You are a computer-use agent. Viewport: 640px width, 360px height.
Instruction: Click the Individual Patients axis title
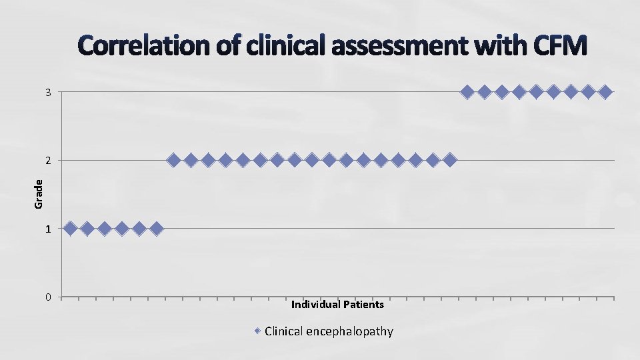[337, 305]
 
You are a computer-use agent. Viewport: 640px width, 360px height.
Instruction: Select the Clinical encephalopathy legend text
[329, 331]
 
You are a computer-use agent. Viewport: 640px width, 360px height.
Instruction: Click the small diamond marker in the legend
[258, 331]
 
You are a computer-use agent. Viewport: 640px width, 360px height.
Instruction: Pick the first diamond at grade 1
[70, 229]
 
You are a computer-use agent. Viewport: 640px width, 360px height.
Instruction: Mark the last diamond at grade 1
[156, 229]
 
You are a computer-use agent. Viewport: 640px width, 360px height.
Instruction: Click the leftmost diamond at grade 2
[173, 160]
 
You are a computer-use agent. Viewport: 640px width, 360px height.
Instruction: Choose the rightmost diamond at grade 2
[450, 160]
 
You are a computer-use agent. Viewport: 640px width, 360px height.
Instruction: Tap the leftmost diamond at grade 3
[467, 91]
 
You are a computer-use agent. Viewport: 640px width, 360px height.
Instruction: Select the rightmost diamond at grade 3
[605, 91]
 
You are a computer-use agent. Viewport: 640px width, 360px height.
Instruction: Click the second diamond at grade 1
[87, 229]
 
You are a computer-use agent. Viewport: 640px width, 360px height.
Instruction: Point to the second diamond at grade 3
[485, 91]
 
